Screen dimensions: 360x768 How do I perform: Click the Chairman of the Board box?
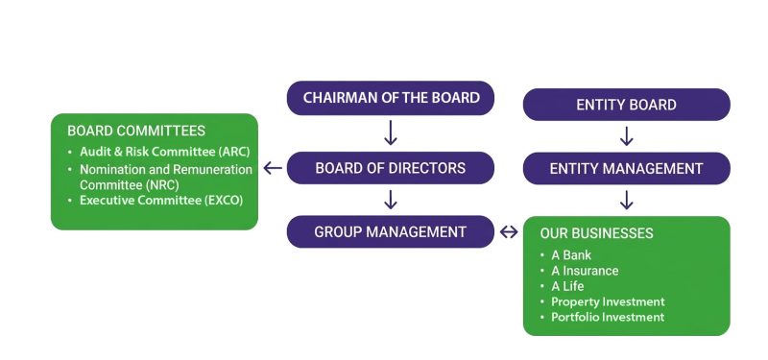coord(391,98)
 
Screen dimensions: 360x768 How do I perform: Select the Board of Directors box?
coord(391,168)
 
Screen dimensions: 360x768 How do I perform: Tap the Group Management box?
coord(391,231)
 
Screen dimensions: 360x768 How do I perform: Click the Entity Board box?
coord(626,105)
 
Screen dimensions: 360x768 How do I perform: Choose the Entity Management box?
coord(626,168)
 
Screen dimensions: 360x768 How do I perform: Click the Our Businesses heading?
coord(596,233)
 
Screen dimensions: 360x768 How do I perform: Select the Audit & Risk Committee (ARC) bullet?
coord(159,153)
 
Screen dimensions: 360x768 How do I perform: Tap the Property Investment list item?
coord(608,301)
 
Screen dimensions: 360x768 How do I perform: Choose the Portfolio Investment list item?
coord(607,317)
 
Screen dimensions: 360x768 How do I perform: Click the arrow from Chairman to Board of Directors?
coord(391,132)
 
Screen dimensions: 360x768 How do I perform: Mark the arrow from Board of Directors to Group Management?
coord(391,200)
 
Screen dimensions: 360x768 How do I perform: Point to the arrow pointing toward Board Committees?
coord(273,168)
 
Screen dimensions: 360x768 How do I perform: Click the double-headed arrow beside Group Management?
coord(509,231)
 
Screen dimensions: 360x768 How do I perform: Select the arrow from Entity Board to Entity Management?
coord(626,136)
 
